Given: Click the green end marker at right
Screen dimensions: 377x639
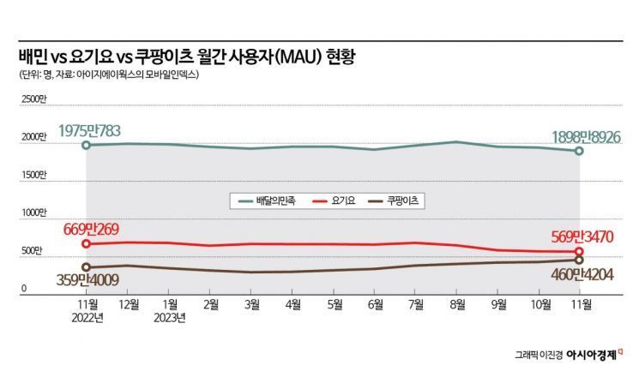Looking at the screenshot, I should click(x=579, y=151).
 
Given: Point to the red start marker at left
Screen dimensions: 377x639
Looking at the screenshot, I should click(x=86, y=244).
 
